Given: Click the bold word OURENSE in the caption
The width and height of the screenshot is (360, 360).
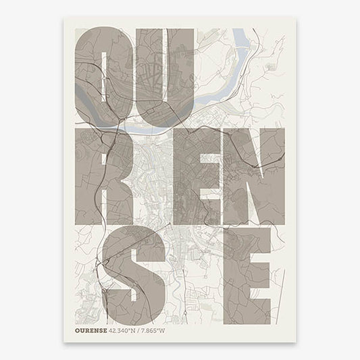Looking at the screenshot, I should [x=92, y=331].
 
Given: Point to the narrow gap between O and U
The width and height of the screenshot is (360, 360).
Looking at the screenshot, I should [x=134, y=74].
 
